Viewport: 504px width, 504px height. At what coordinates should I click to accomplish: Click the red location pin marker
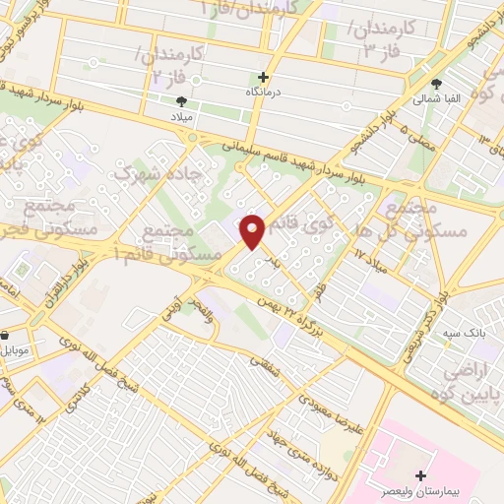click(x=254, y=232)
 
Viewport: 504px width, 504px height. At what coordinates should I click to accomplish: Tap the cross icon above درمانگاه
click(x=263, y=77)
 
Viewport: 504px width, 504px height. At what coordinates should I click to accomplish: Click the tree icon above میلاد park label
click(x=180, y=101)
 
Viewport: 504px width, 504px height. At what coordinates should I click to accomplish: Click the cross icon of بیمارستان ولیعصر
click(x=421, y=475)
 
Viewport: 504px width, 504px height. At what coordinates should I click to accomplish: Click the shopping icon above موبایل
click(x=7, y=335)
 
